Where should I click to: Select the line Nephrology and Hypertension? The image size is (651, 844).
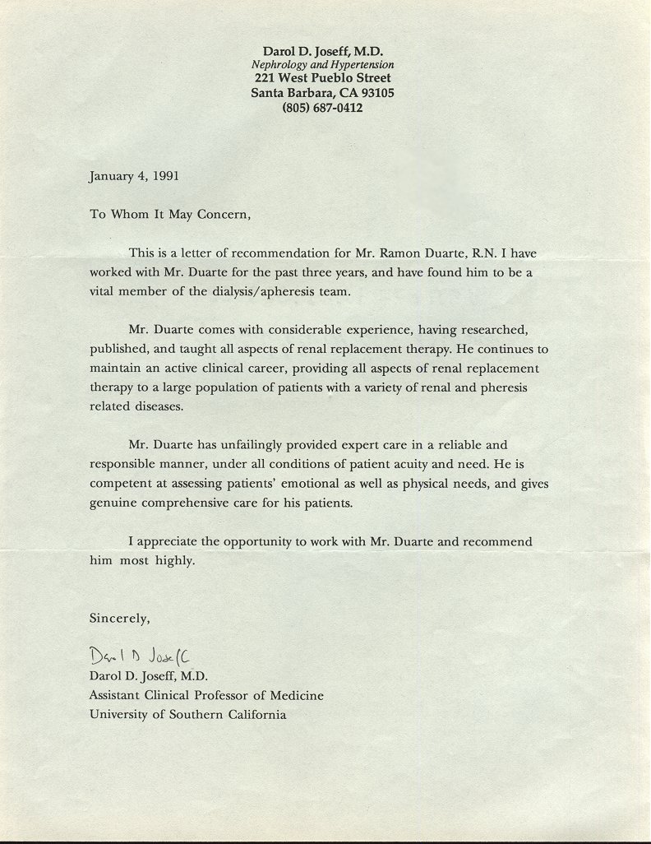click(322, 64)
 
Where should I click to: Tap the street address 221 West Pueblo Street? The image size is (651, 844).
click(322, 78)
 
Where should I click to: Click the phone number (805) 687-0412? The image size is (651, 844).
click(322, 108)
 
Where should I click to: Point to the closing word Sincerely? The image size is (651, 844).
click(120, 617)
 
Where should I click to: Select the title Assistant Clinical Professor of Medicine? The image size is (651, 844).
click(206, 695)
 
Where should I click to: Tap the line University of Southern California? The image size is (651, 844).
click(188, 715)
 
